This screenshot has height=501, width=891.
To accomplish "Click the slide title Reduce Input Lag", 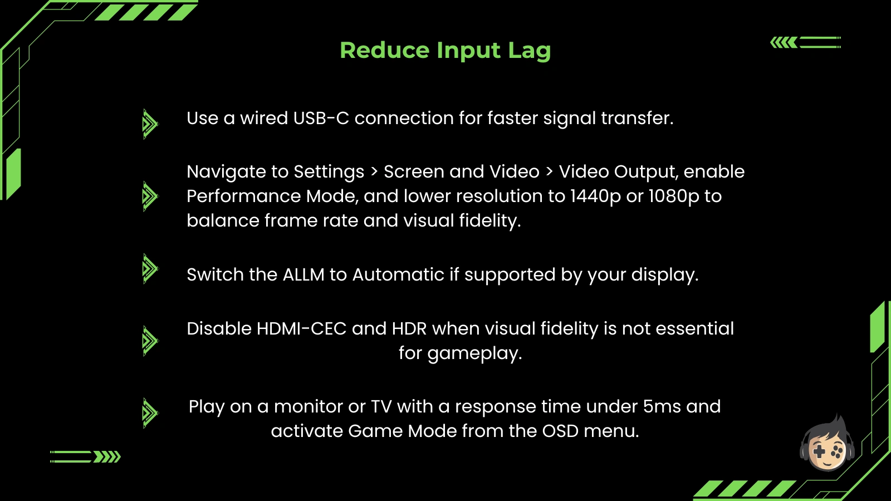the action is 445,51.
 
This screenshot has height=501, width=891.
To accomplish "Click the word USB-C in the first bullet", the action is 321,118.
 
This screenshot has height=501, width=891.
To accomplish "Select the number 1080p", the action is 674,197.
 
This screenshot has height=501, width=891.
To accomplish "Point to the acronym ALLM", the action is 303,275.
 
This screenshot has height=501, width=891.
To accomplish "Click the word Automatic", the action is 398,275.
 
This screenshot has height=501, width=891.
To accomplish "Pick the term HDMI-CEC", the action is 301,329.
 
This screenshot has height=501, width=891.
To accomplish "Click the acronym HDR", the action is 409,329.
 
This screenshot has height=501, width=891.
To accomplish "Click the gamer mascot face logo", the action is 828,443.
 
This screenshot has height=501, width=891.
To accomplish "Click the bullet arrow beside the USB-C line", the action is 150,124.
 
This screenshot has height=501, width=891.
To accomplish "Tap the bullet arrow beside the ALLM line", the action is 150,269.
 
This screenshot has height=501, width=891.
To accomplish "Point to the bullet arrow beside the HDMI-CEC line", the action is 150,341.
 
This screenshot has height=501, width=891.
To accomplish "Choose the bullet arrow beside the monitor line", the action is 150,413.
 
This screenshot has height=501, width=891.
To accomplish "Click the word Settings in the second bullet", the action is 329,172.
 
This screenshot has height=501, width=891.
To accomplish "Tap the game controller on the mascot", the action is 828,452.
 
